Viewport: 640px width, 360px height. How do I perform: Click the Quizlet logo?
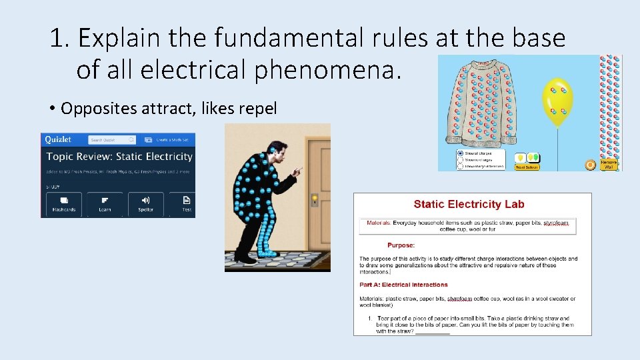pyautogui.click(x=59, y=139)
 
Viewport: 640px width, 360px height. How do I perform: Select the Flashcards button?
pyautogui.click(x=64, y=204)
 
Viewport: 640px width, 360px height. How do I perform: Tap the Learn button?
pyautogui.click(x=105, y=204)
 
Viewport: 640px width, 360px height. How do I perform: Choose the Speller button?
pyautogui.click(x=145, y=204)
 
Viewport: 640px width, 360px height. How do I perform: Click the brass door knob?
pyautogui.click(x=315, y=197)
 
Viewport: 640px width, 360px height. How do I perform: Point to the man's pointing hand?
pyautogui.click(x=295, y=171)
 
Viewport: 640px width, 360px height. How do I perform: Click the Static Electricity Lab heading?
pyautogui.click(x=469, y=205)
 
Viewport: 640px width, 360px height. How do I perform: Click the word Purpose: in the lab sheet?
pyautogui.click(x=401, y=245)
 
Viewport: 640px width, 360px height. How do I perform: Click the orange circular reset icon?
pyautogui.click(x=590, y=164)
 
